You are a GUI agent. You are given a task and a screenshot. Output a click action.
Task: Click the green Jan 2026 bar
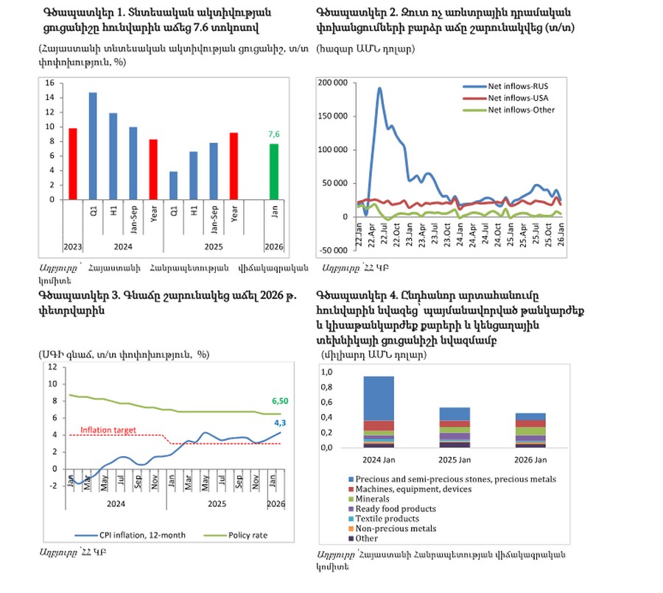tap(273, 171)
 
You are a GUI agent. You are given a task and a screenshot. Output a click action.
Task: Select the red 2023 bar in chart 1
tap(73, 163)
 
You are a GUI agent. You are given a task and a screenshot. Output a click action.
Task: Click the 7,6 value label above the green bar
tap(273, 135)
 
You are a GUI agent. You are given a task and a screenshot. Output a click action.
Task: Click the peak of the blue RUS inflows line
tap(379, 89)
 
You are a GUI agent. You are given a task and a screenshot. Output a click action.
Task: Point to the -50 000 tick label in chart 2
tap(333, 250)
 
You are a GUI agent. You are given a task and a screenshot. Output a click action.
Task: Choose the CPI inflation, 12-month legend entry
tap(137, 535)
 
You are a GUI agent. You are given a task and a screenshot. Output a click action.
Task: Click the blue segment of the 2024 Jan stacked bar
tap(379, 398)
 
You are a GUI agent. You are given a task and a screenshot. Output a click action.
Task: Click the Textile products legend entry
tap(387, 519)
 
